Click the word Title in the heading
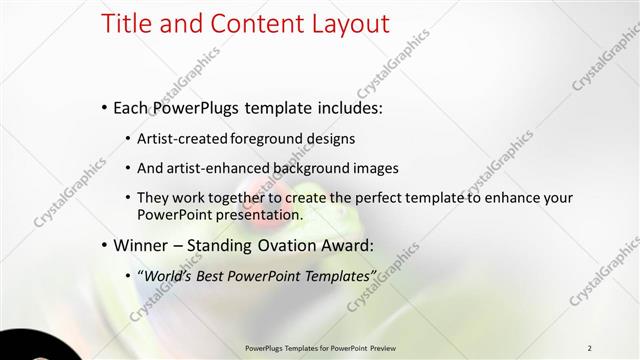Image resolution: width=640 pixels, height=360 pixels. click(124, 23)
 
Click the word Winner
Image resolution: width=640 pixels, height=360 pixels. click(141, 245)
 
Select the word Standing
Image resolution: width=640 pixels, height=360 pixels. click(219, 245)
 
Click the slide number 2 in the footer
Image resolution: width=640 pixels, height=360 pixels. click(590, 347)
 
